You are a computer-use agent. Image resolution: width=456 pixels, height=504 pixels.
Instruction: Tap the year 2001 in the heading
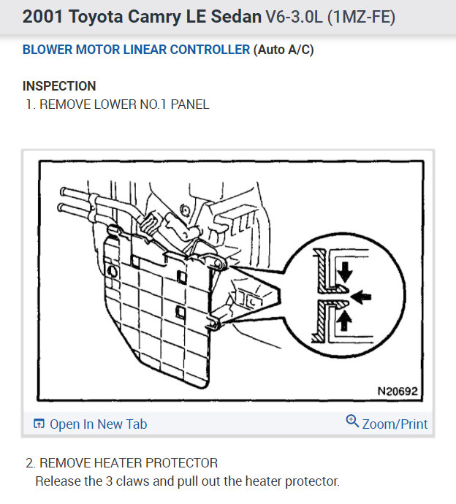(42, 17)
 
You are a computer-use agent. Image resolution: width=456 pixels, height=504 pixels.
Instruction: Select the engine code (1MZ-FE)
(361, 17)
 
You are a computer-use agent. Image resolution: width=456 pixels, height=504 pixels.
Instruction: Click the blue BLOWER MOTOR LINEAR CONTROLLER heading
(136, 50)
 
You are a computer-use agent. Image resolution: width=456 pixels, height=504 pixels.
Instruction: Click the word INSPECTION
(59, 86)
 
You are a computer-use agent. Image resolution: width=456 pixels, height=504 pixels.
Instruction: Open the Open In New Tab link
(98, 424)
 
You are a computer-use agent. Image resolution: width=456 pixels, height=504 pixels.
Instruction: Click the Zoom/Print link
(395, 424)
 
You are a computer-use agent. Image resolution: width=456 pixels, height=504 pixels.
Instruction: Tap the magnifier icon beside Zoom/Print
(352, 422)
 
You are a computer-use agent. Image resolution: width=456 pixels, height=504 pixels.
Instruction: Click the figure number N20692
(398, 392)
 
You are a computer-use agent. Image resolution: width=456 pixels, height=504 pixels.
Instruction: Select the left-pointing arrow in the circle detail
(363, 296)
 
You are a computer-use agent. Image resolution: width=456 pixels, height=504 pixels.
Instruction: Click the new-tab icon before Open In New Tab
(39, 424)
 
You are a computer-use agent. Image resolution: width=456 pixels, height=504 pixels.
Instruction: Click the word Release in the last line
(58, 482)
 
